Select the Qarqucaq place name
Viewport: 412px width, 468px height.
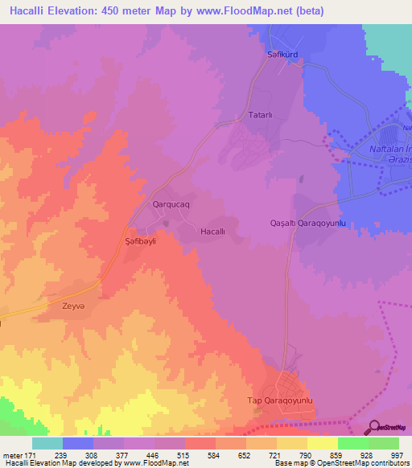[x=171, y=205]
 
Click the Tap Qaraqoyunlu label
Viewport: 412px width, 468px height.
[x=278, y=400]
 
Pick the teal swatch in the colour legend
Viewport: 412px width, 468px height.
[x=47, y=443]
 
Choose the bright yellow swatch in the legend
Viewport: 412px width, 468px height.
[x=323, y=443]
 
